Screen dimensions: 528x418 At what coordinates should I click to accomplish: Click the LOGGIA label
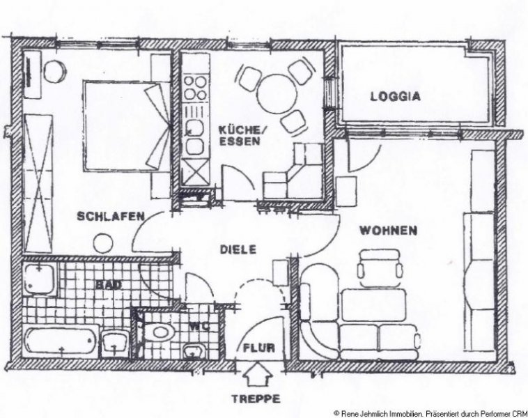pyautogui.click(x=396, y=96)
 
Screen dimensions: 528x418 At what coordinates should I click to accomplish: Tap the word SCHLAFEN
pyautogui.click(x=111, y=216)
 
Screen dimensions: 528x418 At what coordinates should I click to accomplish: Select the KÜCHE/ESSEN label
pyautogui.click(x=240, y=135)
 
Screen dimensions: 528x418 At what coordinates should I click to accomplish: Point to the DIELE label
pyautogui.click(x=238, y=249)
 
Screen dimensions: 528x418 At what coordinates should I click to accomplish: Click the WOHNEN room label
pyautogui.click(x=389, y=231)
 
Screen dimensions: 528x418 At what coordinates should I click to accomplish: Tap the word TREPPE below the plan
pyautogui.click(x=256, y=399)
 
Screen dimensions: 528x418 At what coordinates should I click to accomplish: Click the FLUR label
pyautogui.click(x=259, y=348)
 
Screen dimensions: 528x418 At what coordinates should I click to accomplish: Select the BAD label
pyautogui.click(x=108, y=285)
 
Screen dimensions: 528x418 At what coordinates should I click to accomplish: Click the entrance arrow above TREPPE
pyautogui.click(x=257, y=373)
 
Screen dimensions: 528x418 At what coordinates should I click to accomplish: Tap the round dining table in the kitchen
pyautogui.click(x=277, y=94)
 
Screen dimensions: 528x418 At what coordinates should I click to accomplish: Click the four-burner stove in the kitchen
pyautogui.click(x=196, y=88)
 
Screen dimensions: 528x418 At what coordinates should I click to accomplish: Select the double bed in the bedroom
pyautogui.click(x=126, y=125)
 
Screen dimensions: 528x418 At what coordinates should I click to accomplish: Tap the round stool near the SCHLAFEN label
pyautogui.click(x=103, y=243)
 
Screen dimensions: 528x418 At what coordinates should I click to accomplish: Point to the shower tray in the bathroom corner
pyautogui.click(x=40, y=279)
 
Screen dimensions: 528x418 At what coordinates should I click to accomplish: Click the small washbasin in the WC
pyautogui.click(x=194, y=352)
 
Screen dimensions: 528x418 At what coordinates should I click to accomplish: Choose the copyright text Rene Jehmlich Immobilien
pyautogui.click(x=380, y=413)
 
